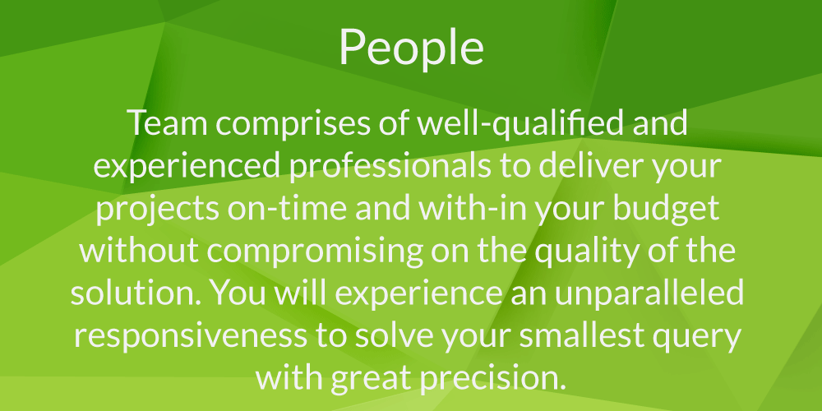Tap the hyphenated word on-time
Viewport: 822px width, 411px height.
tap(287, 209)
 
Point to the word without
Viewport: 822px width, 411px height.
tap(139, 252)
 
